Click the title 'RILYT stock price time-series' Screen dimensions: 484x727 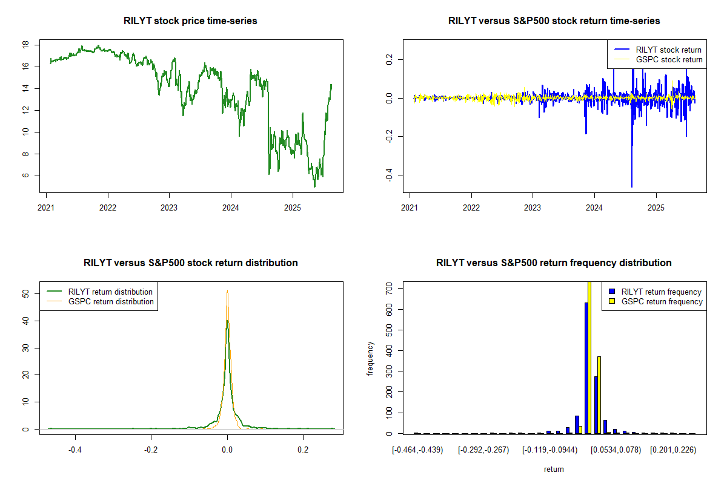(x=190, y=21)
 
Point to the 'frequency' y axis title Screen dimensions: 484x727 (x=371, y=359)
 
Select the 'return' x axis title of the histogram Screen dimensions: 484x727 (x=554, y=469)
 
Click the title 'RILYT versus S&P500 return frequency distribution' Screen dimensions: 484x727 (x=554, y=263)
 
